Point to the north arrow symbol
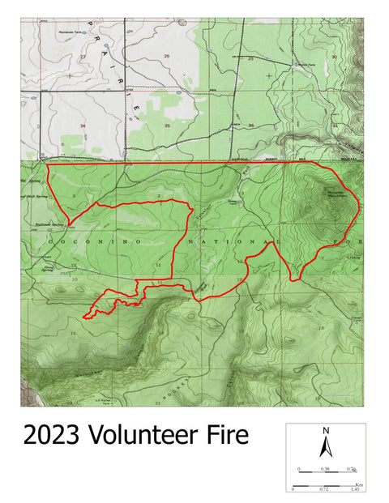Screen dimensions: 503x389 325,445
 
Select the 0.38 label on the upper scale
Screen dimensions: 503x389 324,469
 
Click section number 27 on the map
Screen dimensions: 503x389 83,57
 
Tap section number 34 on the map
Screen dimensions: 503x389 83,126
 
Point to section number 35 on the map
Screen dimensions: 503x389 166,126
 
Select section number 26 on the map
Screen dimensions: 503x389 167,56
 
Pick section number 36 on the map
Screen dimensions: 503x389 251,126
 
